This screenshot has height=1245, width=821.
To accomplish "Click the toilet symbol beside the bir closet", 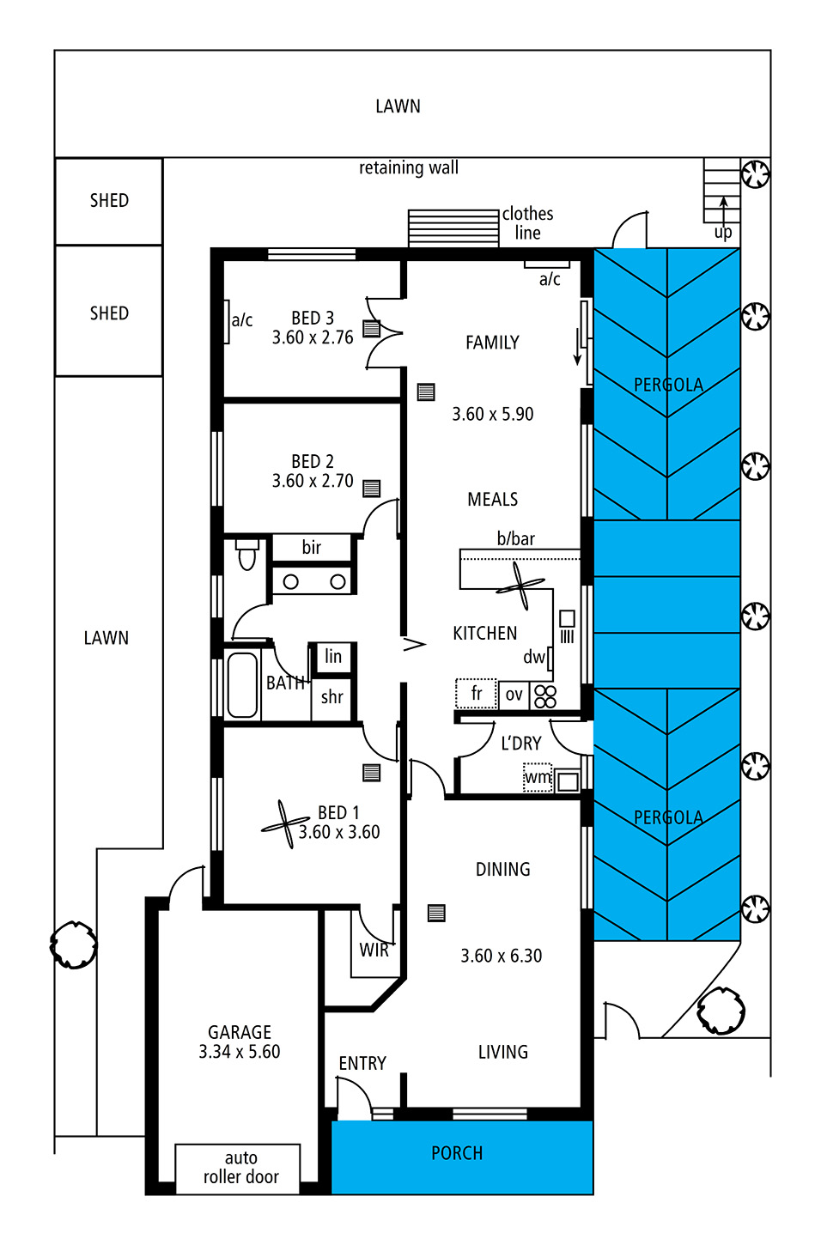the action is tap(246, 553).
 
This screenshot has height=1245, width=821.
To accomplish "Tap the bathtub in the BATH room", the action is tap(242, 685).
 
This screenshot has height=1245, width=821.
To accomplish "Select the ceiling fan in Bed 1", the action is tap(285, 824).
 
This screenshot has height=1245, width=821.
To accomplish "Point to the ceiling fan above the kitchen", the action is tap(520, 586).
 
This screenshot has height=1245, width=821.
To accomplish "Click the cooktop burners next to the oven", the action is tap(544, 695).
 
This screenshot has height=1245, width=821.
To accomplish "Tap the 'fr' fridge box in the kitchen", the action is tap(477, 694).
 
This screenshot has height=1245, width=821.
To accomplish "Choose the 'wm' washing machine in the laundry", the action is tap(538, 777).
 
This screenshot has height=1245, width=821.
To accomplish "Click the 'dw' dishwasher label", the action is tap(533, 658).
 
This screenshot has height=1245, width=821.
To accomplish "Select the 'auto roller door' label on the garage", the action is tap(240, 1167).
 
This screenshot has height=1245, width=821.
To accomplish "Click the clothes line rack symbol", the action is tap(453, 228).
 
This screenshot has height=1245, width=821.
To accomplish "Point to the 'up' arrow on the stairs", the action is tap(723, 210).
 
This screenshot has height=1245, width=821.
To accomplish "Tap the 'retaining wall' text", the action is tap(409, 167).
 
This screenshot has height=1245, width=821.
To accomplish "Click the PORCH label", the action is tap(457, 1153).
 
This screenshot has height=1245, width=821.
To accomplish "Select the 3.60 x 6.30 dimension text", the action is tap(501, 956).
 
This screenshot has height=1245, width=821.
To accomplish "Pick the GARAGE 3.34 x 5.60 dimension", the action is tap(240, 1051).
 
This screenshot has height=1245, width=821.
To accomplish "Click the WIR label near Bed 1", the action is tap(374, 950).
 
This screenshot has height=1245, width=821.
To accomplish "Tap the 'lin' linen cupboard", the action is tap(333, 656).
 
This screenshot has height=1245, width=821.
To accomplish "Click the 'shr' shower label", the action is tap(331, 697).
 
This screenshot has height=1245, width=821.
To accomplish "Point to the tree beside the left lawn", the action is tap(73, 944).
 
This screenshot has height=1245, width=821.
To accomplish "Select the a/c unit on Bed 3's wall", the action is tap(227, 321).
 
